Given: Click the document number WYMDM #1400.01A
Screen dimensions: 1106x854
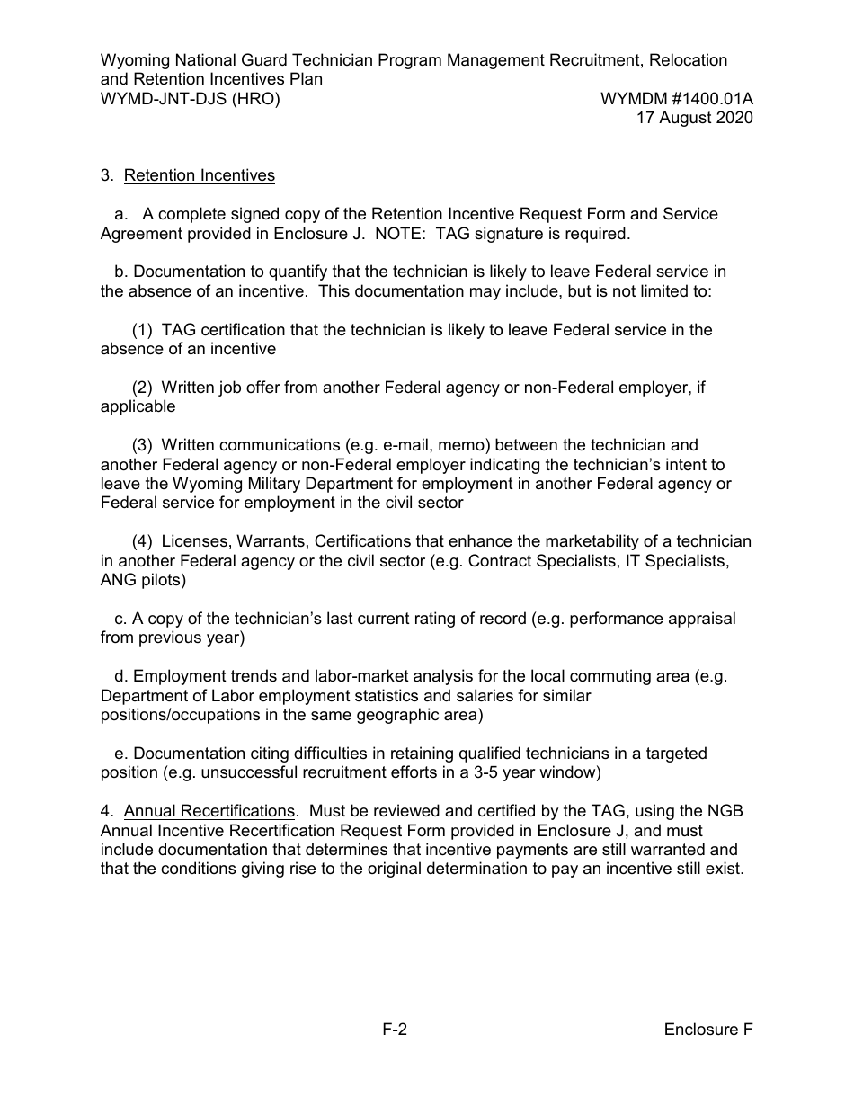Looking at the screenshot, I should pos(677,99).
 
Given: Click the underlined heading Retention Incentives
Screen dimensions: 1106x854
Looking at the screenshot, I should pos(199,175).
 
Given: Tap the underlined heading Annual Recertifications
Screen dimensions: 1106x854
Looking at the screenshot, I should pos(209,811).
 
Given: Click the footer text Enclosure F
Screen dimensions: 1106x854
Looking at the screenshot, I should pos(708,1030).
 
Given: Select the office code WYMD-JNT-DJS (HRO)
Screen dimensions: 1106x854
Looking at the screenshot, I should pos(190,99).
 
